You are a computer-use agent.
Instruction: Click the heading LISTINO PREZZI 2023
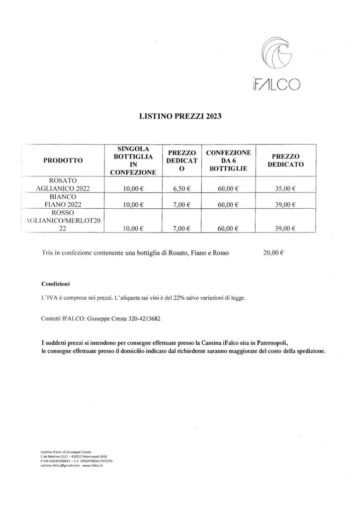[x=180, y=118]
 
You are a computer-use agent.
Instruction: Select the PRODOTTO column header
[x=63, y=161]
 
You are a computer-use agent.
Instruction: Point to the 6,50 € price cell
[x=182, y=188]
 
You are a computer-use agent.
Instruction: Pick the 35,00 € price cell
[x=286, y=188]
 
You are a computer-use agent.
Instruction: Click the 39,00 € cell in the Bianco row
[x=286, y=205]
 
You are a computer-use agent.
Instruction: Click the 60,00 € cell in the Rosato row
[x=229, y=188]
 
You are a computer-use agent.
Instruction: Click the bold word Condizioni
[x=55, y=284]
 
